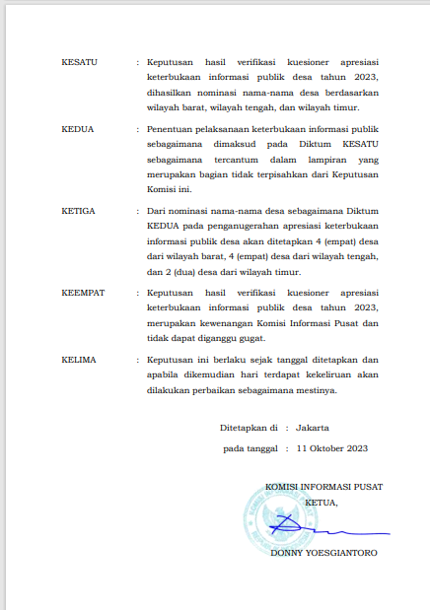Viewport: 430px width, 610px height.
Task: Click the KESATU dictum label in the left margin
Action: click(x=79, y=61)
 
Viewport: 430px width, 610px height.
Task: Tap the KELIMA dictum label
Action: click(x=79, y=360)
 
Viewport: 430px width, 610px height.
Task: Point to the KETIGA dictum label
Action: click(x=80, y=210)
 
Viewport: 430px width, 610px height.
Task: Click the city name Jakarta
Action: click(x=313, y=428)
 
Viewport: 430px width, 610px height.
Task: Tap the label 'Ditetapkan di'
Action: click(x=249, y=428)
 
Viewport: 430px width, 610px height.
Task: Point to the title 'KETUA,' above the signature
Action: click(x=322, y=503)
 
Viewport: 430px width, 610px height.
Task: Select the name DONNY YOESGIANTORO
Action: click(x=322, y=553)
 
